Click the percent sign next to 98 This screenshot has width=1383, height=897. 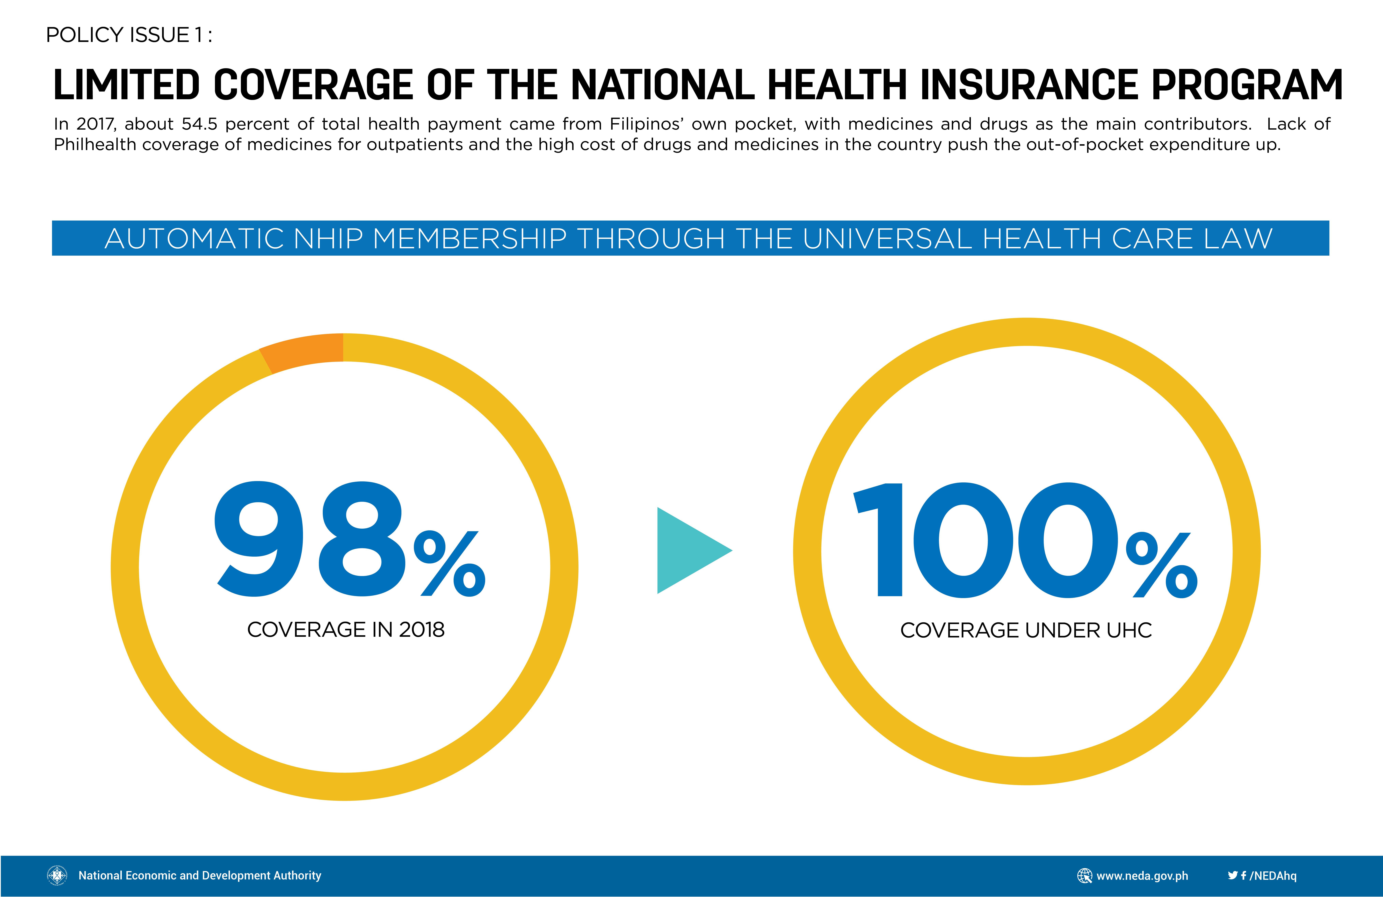450,563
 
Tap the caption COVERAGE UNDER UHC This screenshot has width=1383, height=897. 1026,630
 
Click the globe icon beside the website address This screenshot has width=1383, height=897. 1084,876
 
